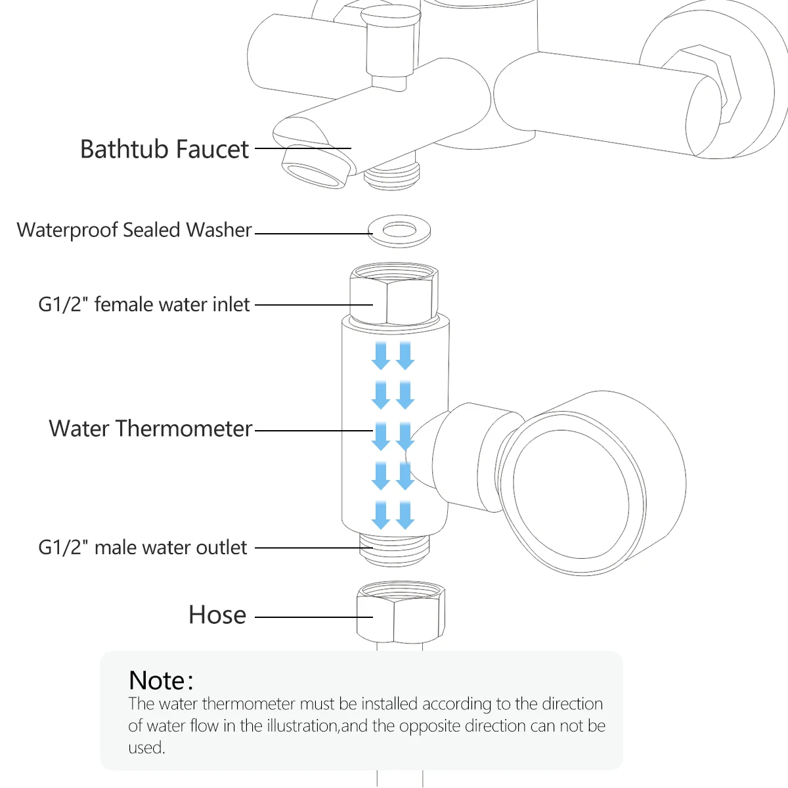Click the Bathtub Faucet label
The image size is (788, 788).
(x=164, y=149)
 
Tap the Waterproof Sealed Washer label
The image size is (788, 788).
(x=134, y=230)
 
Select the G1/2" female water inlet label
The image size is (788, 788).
(x=144, y=304)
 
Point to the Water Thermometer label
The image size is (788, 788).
(x=150, y=428)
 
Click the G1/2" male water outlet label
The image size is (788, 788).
(x=142, y=547)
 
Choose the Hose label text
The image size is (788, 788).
(x=217, y=615)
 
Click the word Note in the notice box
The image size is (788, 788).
(x=157, y=680)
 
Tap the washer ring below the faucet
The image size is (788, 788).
(x=399, y=230)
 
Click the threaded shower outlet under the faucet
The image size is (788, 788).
(x=392, y=173)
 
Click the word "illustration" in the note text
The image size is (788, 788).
(x=302, y=726)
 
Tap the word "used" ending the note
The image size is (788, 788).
(x=146, y=747)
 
